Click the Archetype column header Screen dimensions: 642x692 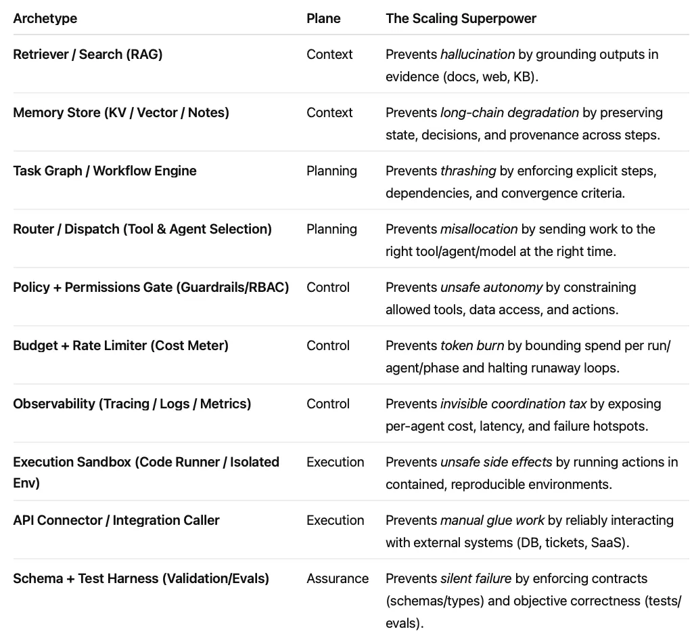tap(45, 18)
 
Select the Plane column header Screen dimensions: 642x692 tap(323, 18)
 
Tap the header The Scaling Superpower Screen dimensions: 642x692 tap(461, 18)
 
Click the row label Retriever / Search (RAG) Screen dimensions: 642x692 tap(88, 54)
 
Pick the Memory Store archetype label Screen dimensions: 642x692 tap(121, 112)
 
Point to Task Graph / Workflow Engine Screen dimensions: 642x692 tap(105, 171)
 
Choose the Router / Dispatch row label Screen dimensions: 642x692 tap(142, 229)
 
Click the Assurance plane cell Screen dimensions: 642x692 tap(338, 578)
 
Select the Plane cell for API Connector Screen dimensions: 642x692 tap(335, 520)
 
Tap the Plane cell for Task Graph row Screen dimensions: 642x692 tap(331, 171)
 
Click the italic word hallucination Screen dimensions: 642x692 tap(478, 54)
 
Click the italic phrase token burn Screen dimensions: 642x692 tap(472, 345)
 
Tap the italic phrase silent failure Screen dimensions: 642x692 tap(478, 578)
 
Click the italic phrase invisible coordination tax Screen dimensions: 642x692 tap(513, 404)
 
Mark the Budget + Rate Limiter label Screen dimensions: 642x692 tap(121, 345)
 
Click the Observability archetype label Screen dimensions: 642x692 tap(132, 404)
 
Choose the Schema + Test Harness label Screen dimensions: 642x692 tap(141, 578)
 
